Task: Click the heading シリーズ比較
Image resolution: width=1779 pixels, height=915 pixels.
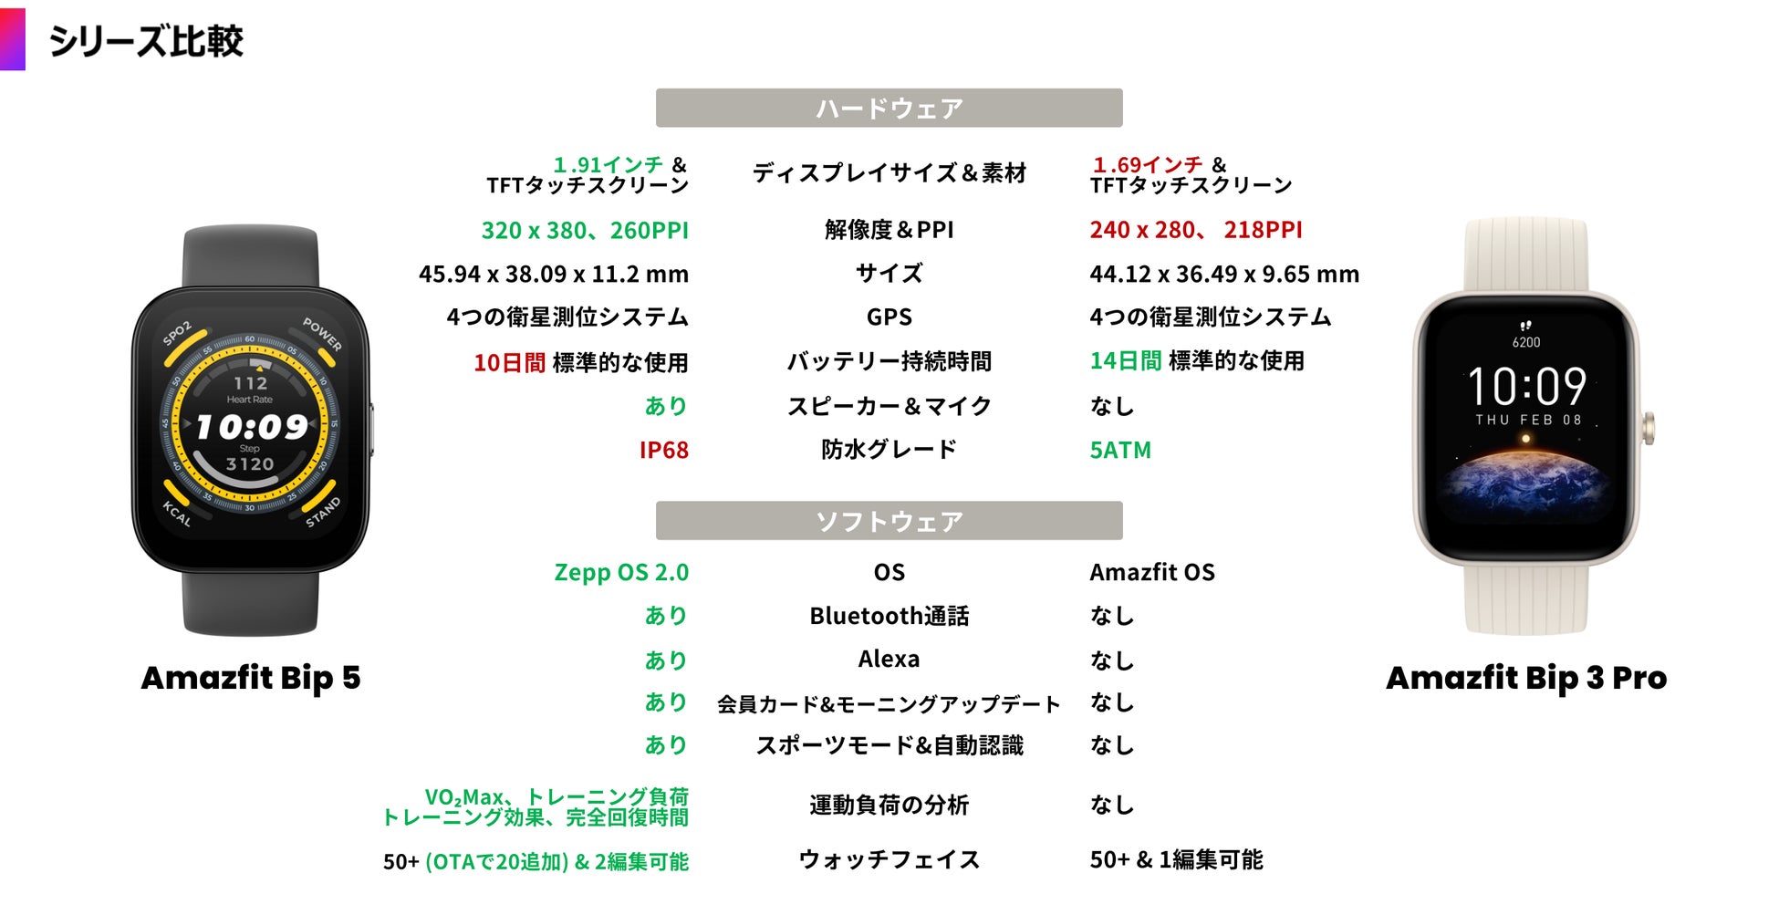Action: [x=146, y=41]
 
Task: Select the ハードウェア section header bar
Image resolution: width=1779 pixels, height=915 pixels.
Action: [x=889, y=109]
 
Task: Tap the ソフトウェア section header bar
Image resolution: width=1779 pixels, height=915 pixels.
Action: [x=889, y=521]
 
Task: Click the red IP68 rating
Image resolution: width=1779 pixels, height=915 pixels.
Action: [x=663, y=451]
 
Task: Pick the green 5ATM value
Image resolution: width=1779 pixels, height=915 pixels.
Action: [x=1120, y=451]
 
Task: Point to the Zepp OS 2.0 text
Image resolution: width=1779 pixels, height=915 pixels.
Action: [x=621, y=573]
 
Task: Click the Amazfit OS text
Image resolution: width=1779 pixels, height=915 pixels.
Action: [x=1152, y=573]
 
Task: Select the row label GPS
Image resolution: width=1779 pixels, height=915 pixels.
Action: [x=889, y=317]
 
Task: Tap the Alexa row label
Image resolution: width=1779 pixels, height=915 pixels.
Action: [x=889, y=660]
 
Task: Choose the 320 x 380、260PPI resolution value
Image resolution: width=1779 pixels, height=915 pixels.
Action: [x=585, y=231]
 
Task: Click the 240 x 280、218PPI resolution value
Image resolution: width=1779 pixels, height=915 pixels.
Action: [x=1196, y=231]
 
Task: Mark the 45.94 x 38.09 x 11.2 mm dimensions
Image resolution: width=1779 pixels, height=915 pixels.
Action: [x=554, y=275]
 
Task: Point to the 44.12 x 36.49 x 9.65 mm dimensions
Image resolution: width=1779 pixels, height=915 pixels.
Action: [x=1224, y=275]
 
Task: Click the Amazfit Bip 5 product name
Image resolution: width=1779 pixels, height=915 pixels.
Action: [x=251, y=678]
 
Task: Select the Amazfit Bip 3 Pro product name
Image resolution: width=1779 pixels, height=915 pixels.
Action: [x=1526, y=678]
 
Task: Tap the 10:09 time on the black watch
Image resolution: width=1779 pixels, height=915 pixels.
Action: [x=252, y=427]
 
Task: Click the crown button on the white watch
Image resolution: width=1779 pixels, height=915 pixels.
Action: [x=1648, y=429]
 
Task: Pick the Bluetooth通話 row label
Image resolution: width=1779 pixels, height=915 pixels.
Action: [x=889, y=617]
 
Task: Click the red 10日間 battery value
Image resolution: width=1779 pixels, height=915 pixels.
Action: [x=509, y=363]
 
